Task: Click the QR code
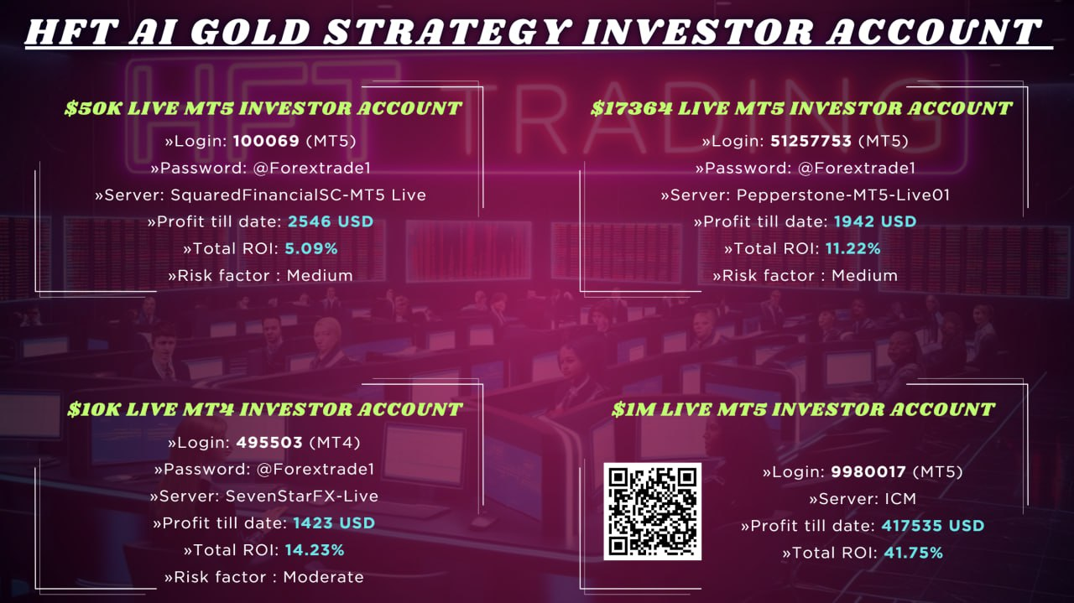pyautogui.click(x=652, y=511)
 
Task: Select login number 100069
pyautogui.click(x=266, y=141)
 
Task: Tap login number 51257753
pyautogui.click(x=811, y=141)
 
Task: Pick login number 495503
pyautogui.click(x=269, y=443)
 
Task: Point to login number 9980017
pyautogui.click(x=868, y=472)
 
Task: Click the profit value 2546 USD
pyautogui.click(x=331, y=221)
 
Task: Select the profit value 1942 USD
pyautogui.click(x=875, y=221)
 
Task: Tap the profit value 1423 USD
pyautogui.click(x=334, y=523)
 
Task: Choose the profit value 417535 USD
pyautogui.click(x=932, y=526)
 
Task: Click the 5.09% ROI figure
pyautogui.click(x=311, y=249)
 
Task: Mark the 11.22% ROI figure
pyautogui.click(x=853, y=249)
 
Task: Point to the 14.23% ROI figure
pyautogui.click(x=315, y=550)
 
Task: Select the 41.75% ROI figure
pyautogui.click(x=914, y=554)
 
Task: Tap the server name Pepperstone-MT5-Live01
pyautogui.click(x=843, y=195)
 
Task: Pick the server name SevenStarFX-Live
pyautogui.click(x=301, y=496)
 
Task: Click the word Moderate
pyautogui.click(x=323, y=577)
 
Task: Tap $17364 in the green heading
pyautogui.click(x=631, y=108)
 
